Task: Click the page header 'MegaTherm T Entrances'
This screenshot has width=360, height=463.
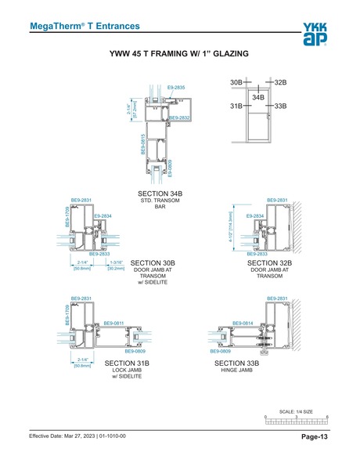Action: [85, 26]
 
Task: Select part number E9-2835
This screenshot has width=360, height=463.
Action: [176, 88]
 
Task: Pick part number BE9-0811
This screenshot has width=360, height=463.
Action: [114, 323]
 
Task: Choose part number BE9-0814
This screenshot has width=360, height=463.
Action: [243, 323]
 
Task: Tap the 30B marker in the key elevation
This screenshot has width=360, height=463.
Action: [236, 81]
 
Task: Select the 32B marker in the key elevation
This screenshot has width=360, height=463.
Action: [281, 81]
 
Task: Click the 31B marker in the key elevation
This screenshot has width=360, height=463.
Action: [236, 105]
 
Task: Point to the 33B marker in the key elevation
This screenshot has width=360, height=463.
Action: [281, 105]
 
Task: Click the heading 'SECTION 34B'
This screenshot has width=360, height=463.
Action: [160, 193]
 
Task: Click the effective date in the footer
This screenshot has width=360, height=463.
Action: [77, 436]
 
